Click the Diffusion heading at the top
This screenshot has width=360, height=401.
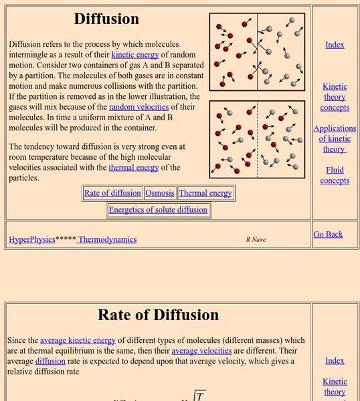pyautogui.click(x=106, y=19)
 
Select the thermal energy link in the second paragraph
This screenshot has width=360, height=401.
pyautogui.click(x=134, y=168)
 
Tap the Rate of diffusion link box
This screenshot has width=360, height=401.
pyautogui.click(x=112, y=193)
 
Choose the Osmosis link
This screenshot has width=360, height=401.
pyautogui.click(x=159, y=193)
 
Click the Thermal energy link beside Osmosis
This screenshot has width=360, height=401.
pyautogui.click(x=205, y=193)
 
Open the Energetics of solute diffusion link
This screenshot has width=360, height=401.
pyautogui.click(x=159, y=210)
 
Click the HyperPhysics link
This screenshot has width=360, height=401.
pyautogui.click(x=32, y=239)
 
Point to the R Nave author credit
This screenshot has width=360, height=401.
pyautogui.click(x=256, y=239)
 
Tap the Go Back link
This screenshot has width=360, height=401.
pyautogui.click(x=328, y=234)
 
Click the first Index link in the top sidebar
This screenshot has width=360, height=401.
pyautogui.click(x=335, y=45)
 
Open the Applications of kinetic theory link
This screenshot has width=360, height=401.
pyautogui.click(x=335, y=138)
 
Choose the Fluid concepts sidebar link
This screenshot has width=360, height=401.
pyautogui.click(x=335, y=175)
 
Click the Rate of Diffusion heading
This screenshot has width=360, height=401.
pyautogui.click(x=159, y=314)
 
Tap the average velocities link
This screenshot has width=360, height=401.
pyautogui.click(x=201, y=350)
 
